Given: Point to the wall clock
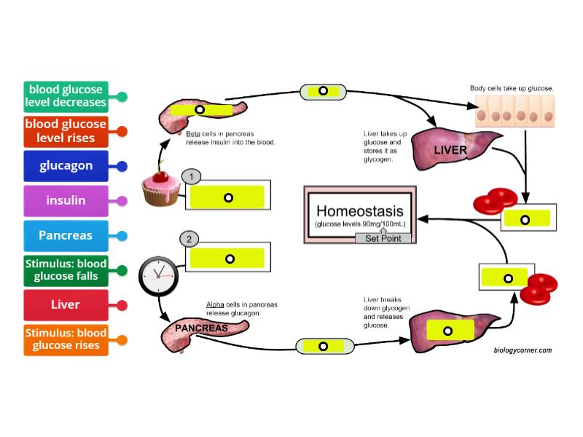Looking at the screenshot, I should tap(157, 275).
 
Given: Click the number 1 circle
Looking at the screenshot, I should tap(189, 176).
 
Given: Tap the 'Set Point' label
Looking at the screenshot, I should tap(383, 238).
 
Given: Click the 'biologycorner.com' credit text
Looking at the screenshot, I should tap(522, 350).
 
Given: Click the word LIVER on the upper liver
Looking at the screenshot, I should tap(450, 150).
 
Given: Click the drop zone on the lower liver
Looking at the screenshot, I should tap(447, 331).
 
